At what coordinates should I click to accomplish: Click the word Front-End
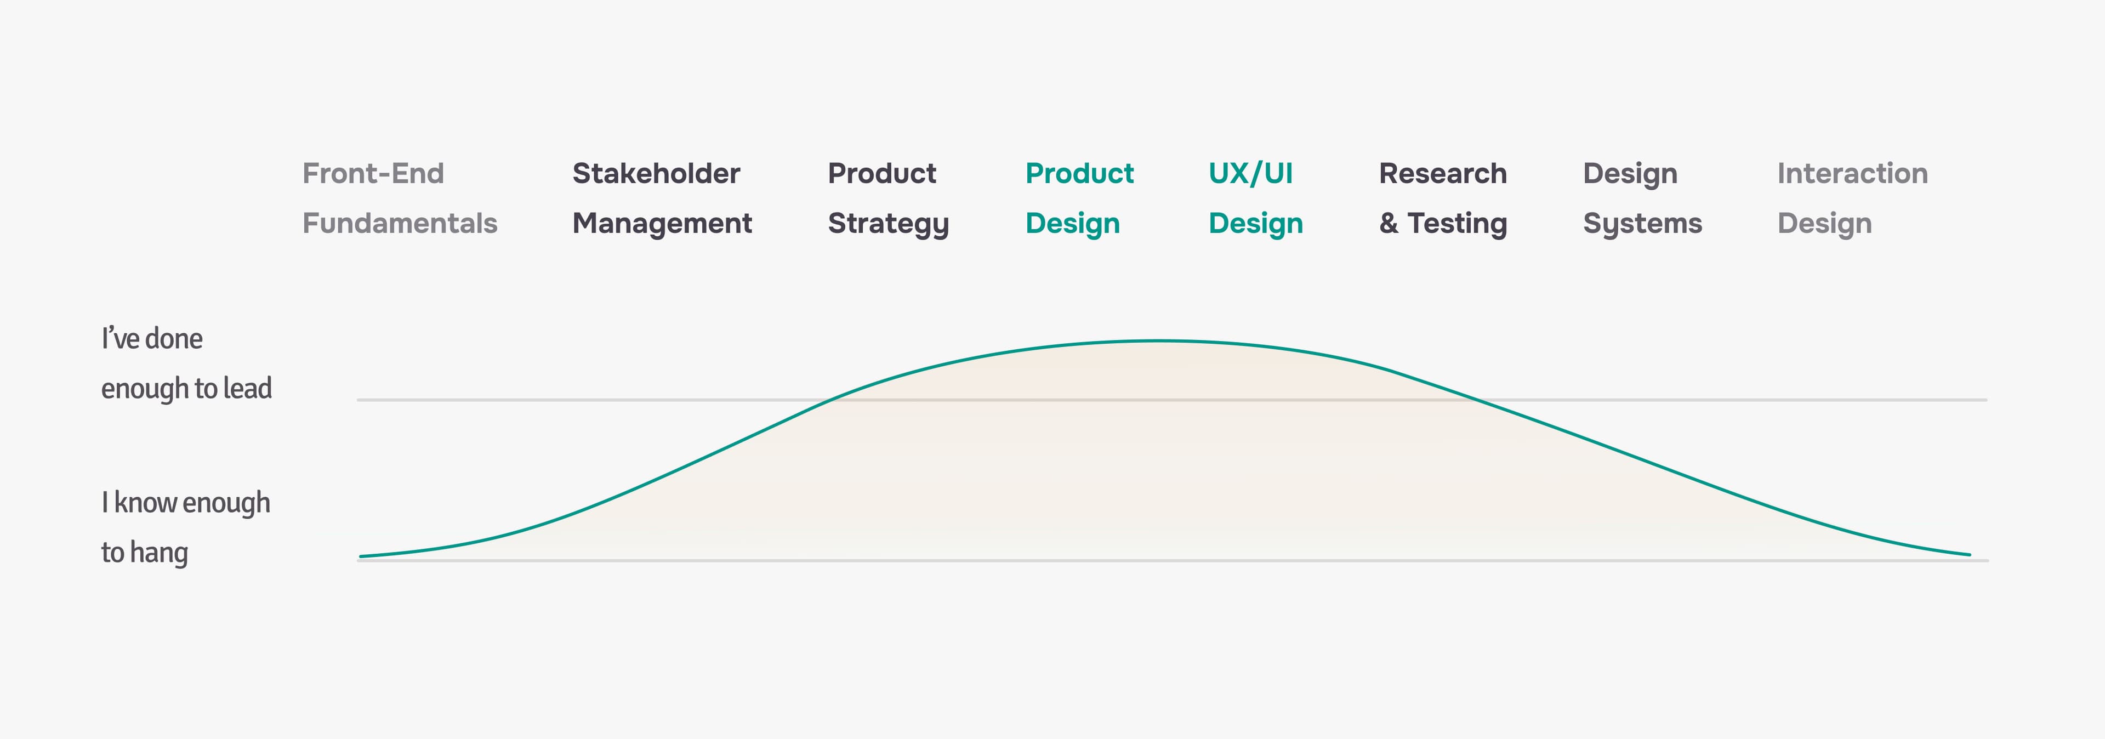click(x=373, y=173)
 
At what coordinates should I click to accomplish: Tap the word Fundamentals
click(x=400, y=223)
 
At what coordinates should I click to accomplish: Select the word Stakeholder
click(x=656, y=173)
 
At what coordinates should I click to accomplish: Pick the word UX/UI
click(x=1250, y=173)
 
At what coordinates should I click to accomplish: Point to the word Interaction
click(x=1852, y=173)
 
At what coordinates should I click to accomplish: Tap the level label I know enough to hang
click(x=185, y=528)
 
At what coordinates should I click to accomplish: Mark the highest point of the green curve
click(x=1156, y=340)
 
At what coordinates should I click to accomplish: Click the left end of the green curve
click(x=360, y=556)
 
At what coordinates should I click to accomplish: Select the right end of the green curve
click(x=1970, y=554)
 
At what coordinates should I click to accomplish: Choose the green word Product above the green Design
click(x=1079, y=173)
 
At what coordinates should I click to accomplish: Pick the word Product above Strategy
click(x=881, y=173)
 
